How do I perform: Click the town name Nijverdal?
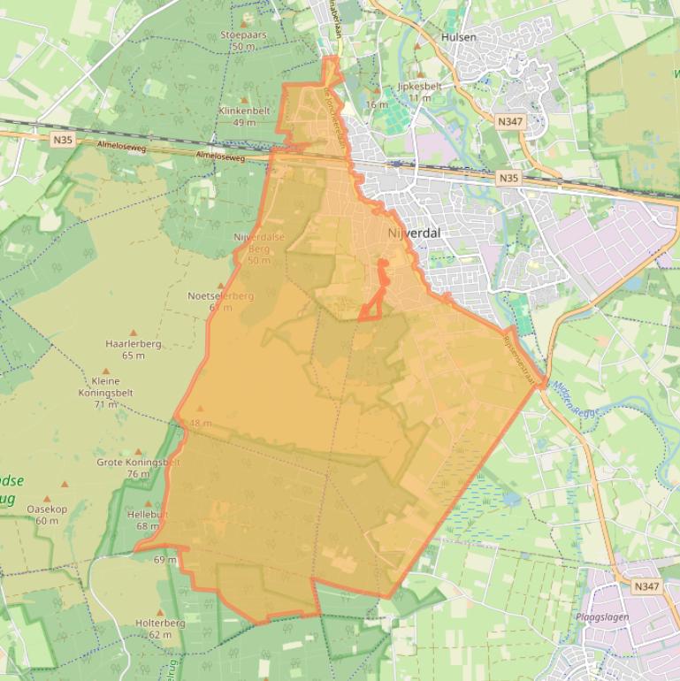click(414, 233)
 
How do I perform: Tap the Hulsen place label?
click(458, 37)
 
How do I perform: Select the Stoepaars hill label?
click(243, 35)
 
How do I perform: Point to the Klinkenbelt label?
click(243, 111)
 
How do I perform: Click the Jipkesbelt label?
click(420, 87)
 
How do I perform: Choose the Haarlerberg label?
click(134, 344)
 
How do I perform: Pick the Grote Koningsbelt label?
click(138, 463)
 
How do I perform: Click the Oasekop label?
click(47, 509)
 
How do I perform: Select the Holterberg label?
click(160, 623)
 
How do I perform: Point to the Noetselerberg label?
click(220, 296)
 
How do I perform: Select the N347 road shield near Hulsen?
click(510, 121)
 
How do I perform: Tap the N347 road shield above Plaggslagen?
click(646, 586)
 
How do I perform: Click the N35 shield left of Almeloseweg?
click(63, 139)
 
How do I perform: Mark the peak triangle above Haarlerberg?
click(134, 333)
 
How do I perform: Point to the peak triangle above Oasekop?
click(64, 486)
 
